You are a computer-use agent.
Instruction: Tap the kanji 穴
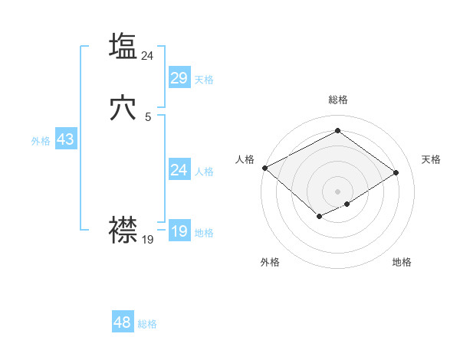tap(123, 109)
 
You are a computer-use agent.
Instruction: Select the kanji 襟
tap(123, 229)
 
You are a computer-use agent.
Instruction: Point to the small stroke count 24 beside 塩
tap(148, 55)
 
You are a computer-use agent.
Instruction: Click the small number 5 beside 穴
tap(148, 117)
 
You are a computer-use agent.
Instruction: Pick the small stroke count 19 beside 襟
tap(148, 240)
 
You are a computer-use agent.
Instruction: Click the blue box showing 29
tap(179, 78)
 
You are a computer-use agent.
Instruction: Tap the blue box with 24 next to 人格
tap(179, 170)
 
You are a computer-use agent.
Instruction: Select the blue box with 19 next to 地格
tap(179, 231)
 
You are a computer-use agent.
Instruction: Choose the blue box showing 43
tap(65, 140)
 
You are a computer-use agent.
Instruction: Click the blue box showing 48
tap(122, 322)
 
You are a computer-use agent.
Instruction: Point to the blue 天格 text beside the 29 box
tap(203, 80)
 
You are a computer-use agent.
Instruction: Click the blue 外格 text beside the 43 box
tap(41, 141)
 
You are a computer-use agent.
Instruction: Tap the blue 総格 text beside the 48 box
tap(147, 324)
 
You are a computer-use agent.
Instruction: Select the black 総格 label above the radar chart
tap(337, 100)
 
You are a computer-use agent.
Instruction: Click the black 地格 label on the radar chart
tap(402, 262)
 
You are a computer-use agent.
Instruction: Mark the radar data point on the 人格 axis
tap(264, 167)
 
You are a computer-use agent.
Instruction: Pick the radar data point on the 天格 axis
tap(396, 172)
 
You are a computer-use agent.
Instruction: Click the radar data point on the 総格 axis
tap(337, 131)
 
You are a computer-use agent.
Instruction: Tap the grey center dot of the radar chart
tap(337, 191)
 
